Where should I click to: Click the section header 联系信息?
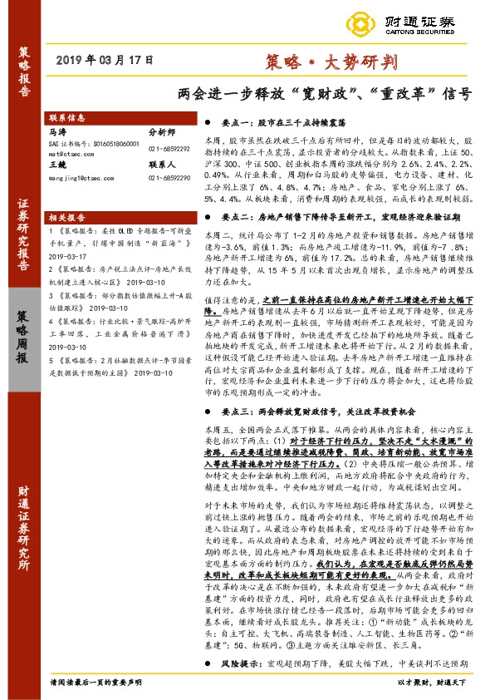(65, 118)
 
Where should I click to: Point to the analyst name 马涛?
(56, 131)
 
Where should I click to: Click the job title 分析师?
(162, 131)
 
